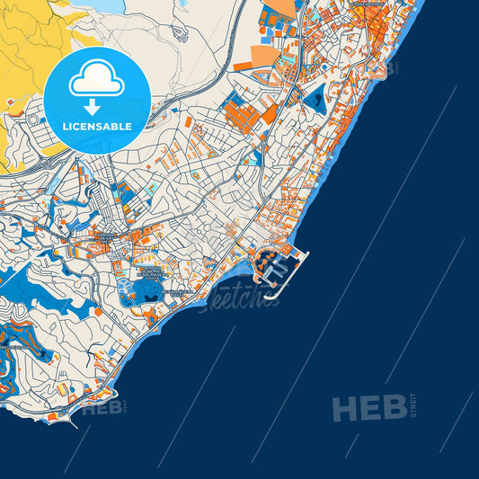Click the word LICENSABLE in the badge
[96, 127]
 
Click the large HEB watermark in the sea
[368, 409]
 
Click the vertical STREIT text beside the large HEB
[413, 407]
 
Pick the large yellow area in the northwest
[27, 54]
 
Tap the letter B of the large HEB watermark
[394, 409]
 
